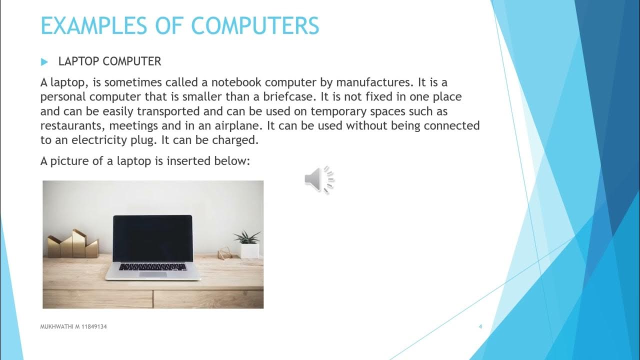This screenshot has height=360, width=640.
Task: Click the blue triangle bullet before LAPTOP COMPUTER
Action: tap(44, 62)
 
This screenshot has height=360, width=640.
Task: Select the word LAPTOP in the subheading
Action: tap(78, 61)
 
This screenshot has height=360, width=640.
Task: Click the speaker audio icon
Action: tap(319, 179)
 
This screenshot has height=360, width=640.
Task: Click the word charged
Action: tap(237, 139)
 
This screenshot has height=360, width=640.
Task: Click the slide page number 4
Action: tap(480, 326)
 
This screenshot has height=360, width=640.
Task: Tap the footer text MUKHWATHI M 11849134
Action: tap(73, 326)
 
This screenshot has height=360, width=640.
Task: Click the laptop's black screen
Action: tap(152, 238)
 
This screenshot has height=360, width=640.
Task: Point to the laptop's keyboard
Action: tap(152, 266)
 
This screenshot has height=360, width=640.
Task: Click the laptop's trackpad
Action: tap(152, 274)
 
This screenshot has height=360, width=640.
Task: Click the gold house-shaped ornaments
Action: tap(73, 245)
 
